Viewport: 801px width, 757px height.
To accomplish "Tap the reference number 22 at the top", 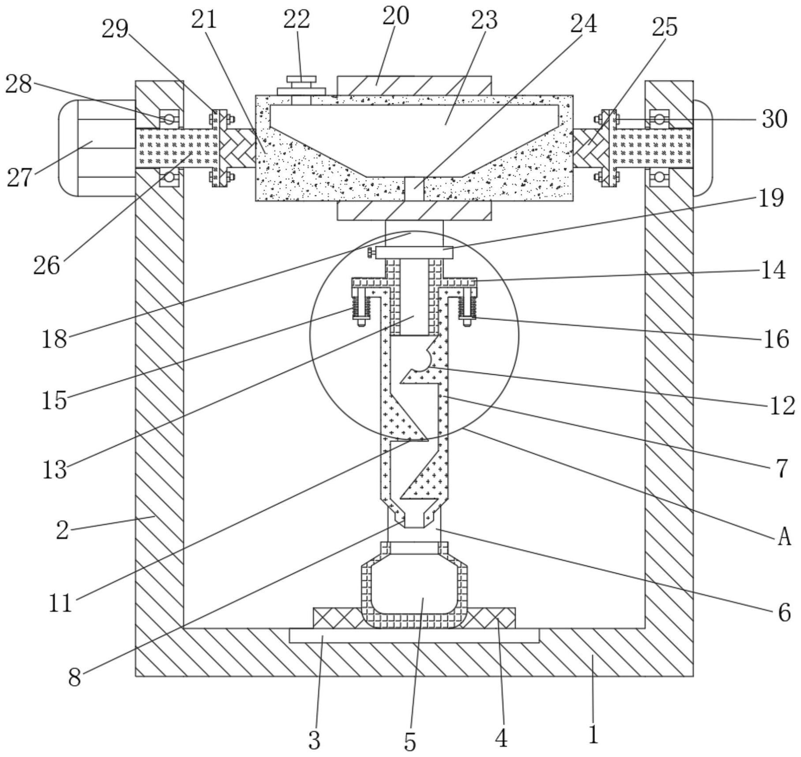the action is [x=297, y=19].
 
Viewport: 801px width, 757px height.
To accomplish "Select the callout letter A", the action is [x=784, y=538].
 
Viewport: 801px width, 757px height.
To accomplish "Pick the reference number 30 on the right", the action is [x=775, y=119].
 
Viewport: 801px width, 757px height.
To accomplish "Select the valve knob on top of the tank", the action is [x=301, y=85].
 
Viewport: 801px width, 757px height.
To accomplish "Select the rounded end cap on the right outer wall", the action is [x=703, y=148].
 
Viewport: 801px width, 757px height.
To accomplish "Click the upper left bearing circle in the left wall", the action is [x=169, y=118].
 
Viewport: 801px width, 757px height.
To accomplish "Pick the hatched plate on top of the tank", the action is [x=414, y=85].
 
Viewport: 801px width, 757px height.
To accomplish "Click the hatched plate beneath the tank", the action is [x=414, y=211].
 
